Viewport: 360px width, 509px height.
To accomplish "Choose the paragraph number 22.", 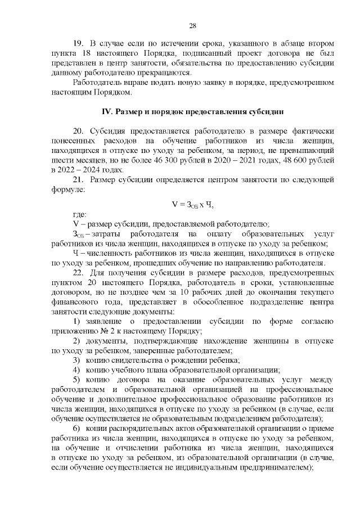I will coord(79,272).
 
